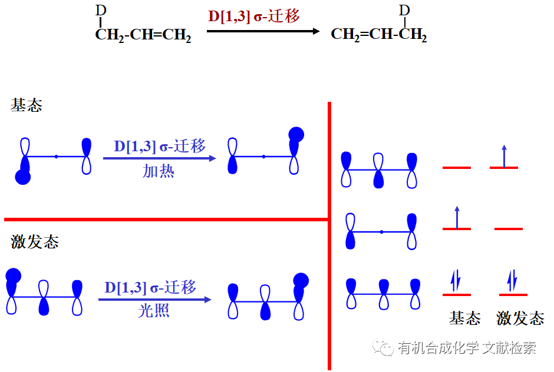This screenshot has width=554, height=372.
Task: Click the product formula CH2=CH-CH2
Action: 378,35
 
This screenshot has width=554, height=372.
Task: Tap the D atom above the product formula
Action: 404,11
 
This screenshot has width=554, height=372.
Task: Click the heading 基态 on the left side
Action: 27,106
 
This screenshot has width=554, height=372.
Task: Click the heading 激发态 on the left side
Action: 35,242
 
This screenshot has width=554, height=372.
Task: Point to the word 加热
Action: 159,172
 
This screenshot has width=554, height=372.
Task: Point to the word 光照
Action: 154,311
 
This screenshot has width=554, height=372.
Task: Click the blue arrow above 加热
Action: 159,158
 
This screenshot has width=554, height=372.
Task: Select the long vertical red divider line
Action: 329,235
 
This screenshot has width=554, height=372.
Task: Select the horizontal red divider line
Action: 165,220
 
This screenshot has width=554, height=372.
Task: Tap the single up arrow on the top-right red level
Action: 504,156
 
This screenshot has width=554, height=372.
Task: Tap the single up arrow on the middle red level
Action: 457,217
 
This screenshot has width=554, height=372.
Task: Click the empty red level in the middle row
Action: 509,228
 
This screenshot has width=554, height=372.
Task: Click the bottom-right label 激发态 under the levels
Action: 520,319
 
